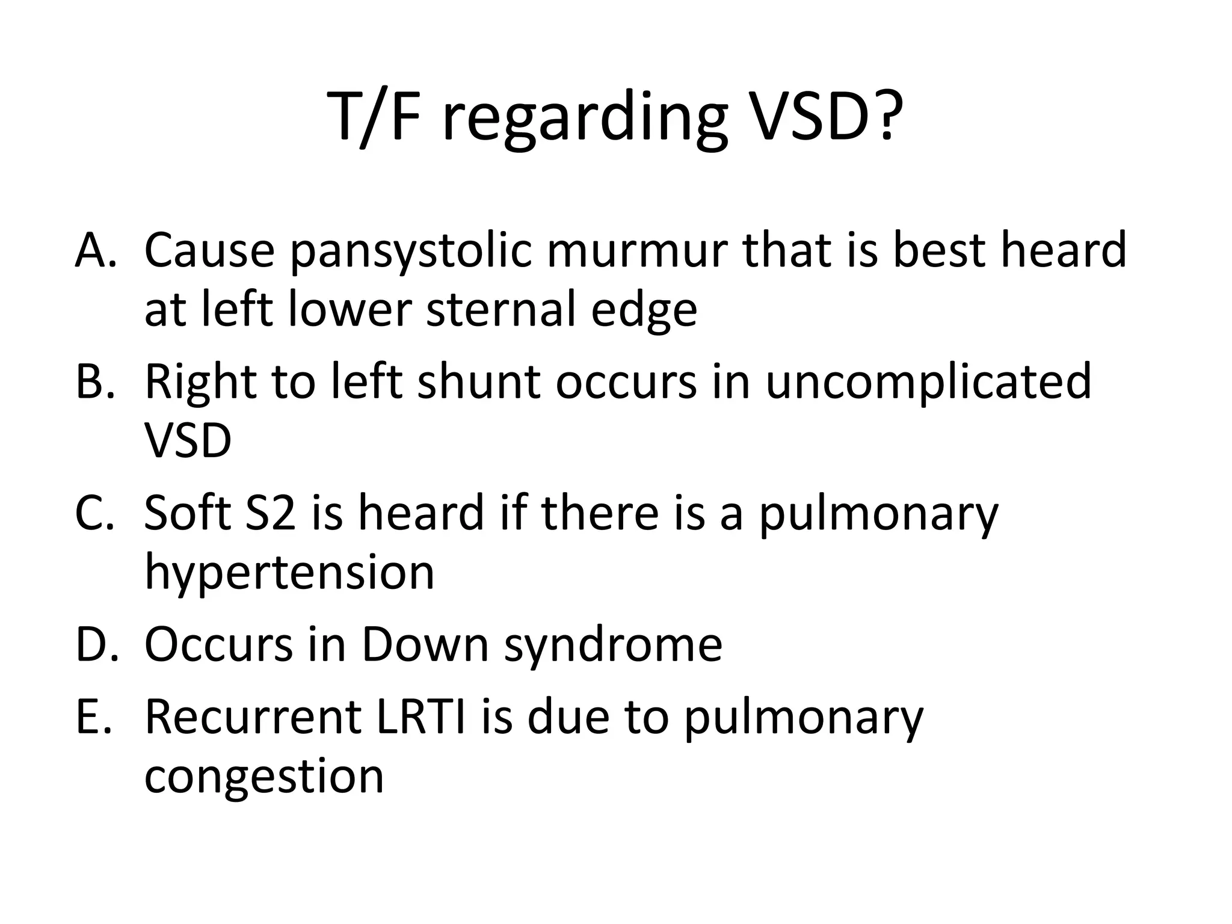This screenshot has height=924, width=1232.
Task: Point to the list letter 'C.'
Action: coord(95,513)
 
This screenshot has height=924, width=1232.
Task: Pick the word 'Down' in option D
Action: coord(424,644)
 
